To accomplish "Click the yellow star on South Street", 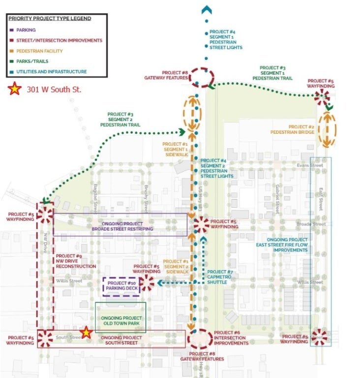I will [86, 333].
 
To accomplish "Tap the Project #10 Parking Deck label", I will [121, 286].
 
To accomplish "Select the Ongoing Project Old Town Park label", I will [121, 321].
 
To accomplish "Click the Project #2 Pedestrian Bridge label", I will [292, 129].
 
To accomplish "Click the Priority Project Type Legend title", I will [50, 18].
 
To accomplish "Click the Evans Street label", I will [310, 165].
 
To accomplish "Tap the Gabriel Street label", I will [278, 195].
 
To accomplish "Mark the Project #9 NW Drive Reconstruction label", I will [76, 261].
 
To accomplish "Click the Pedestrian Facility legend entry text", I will [40, 51].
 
